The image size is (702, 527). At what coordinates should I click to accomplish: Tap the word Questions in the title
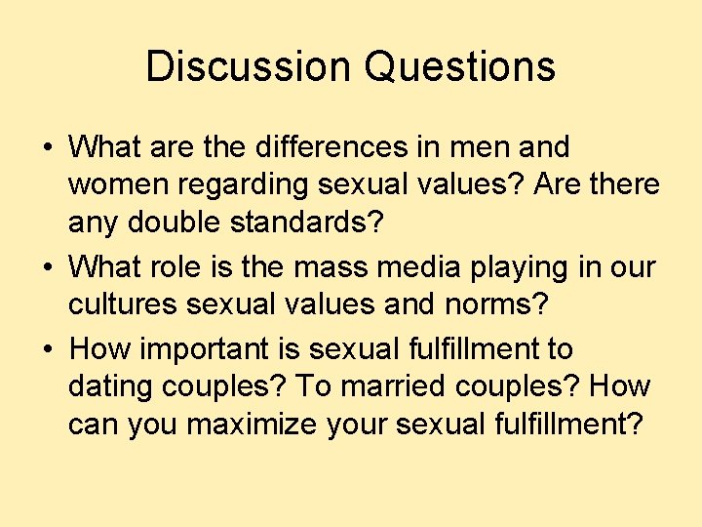pyautogui.click(x=460, y=66)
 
